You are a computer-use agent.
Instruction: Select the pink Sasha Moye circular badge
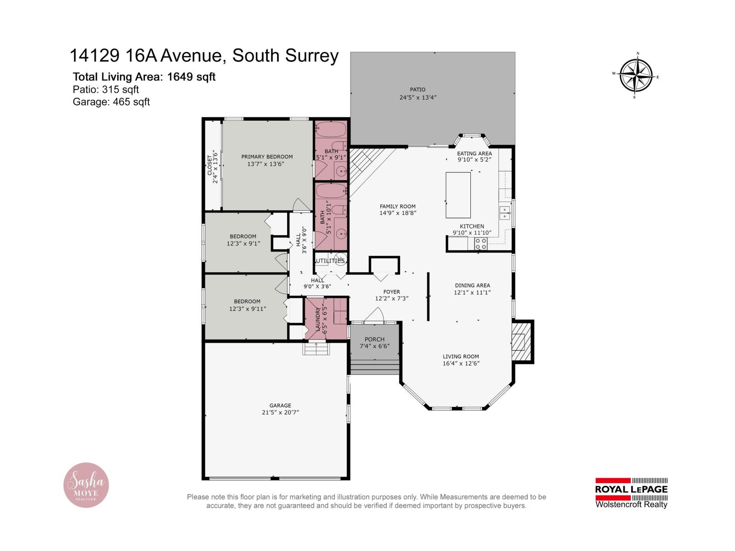pos(86,485)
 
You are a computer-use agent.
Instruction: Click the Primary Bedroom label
pos(267,157)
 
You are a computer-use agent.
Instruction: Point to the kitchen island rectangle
pos(458,195)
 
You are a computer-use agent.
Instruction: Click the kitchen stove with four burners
pos(481,244)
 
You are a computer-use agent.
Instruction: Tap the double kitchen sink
pos(505,213)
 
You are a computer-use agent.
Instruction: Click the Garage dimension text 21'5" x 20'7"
pos(280,412)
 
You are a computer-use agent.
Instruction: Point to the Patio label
pos(418,90)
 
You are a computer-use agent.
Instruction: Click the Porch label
pos(374,339)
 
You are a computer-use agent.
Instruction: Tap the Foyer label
pos(391,292)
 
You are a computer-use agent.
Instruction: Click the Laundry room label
pos(317,319)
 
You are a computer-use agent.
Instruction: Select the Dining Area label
pos(472,285)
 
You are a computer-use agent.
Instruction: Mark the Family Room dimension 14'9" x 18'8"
pos(398,213)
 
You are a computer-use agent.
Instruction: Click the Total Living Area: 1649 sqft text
pos(144,77)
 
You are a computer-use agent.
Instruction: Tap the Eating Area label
pos(474,153)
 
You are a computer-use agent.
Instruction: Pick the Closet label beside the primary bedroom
pos(210,164)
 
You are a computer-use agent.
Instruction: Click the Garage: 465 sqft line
pos(111,102)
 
